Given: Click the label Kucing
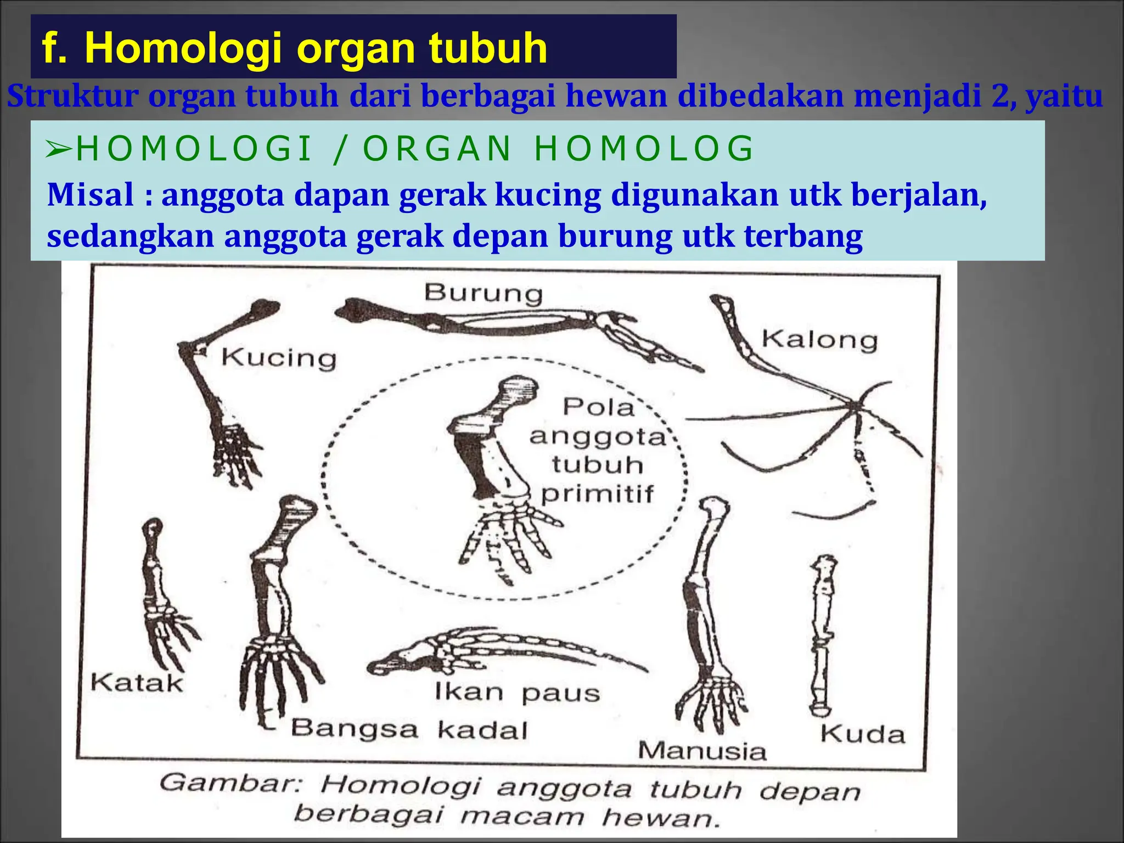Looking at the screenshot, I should click(x=279, y=358).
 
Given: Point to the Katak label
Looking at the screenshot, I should click(x=137, y=683).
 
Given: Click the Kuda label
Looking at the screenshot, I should click(x=862, y=734).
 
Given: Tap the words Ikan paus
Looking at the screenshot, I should click(x=517, y=693).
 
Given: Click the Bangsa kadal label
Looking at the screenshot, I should click(x=409, y=730).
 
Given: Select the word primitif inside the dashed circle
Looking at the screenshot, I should click(x=597, y=494).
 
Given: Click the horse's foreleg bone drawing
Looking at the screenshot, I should click(x=822, y=637).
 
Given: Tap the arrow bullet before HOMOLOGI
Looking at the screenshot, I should click(x=58, y=149).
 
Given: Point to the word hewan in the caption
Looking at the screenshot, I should click(x=660, y=818).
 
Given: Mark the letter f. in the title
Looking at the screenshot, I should click(x=54, y=48).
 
